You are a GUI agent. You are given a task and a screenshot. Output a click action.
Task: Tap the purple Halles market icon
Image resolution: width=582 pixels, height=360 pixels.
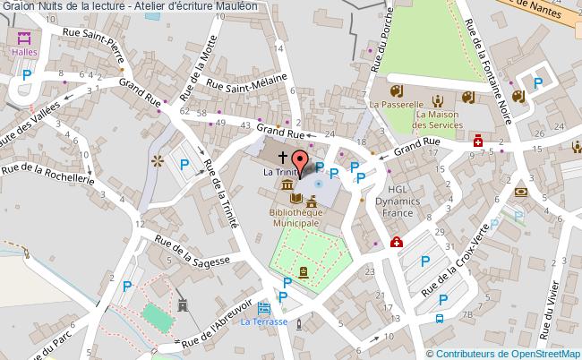click(x=24, y=38)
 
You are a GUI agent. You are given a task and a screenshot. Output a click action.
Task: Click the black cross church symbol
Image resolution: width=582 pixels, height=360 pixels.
click(x=272, y=157)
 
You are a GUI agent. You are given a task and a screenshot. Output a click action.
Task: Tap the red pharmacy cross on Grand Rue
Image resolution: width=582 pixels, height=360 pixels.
click(x=479, y=142)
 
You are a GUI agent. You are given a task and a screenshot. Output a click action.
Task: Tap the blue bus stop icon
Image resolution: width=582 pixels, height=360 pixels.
click(x=440, y=319)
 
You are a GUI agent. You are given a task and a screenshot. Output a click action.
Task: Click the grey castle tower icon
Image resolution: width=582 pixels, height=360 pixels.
click(x=183, y=307)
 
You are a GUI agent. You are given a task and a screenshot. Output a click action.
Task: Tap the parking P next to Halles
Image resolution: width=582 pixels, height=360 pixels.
click(x=28, y=75)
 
